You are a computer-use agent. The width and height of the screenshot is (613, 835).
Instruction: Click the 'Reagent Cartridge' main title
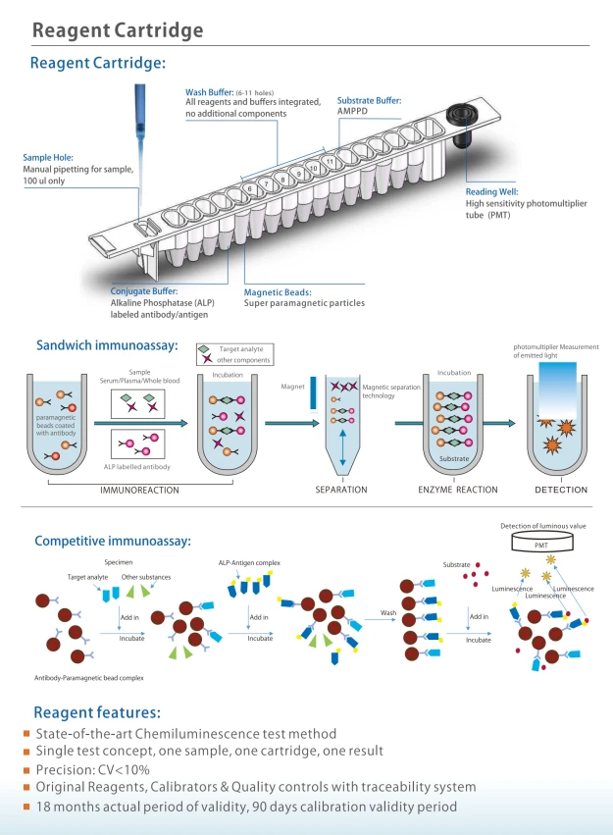[118, 30]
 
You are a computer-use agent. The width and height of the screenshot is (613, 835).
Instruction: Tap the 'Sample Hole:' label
[48, 158]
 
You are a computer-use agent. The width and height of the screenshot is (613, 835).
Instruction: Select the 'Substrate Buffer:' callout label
[370, 101]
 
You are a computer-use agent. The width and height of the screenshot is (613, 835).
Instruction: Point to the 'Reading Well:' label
[491, 191]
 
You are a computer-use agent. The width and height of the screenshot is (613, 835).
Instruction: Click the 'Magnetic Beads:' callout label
[278, 292]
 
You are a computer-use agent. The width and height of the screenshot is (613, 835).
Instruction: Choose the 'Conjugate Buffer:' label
[144, 291]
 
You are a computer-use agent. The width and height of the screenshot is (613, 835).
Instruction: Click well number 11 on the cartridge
[330, 161]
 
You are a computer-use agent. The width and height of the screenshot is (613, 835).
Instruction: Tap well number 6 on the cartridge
[250, 189]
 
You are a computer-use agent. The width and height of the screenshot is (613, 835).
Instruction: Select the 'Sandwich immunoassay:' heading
[107, 345]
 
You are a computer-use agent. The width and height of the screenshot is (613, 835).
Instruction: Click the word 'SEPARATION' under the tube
[341, 490]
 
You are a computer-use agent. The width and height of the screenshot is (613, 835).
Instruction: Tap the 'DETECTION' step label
[561, 490]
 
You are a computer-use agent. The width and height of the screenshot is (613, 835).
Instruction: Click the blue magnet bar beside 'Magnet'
[314, 393]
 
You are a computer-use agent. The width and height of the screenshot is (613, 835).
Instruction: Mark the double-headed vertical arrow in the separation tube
[342, 447]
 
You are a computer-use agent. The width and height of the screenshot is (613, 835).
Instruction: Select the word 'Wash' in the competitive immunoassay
[388, 613]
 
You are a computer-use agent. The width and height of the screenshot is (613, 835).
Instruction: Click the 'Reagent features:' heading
[97, 712]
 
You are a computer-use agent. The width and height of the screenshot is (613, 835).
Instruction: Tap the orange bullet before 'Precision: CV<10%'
[26, 770]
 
